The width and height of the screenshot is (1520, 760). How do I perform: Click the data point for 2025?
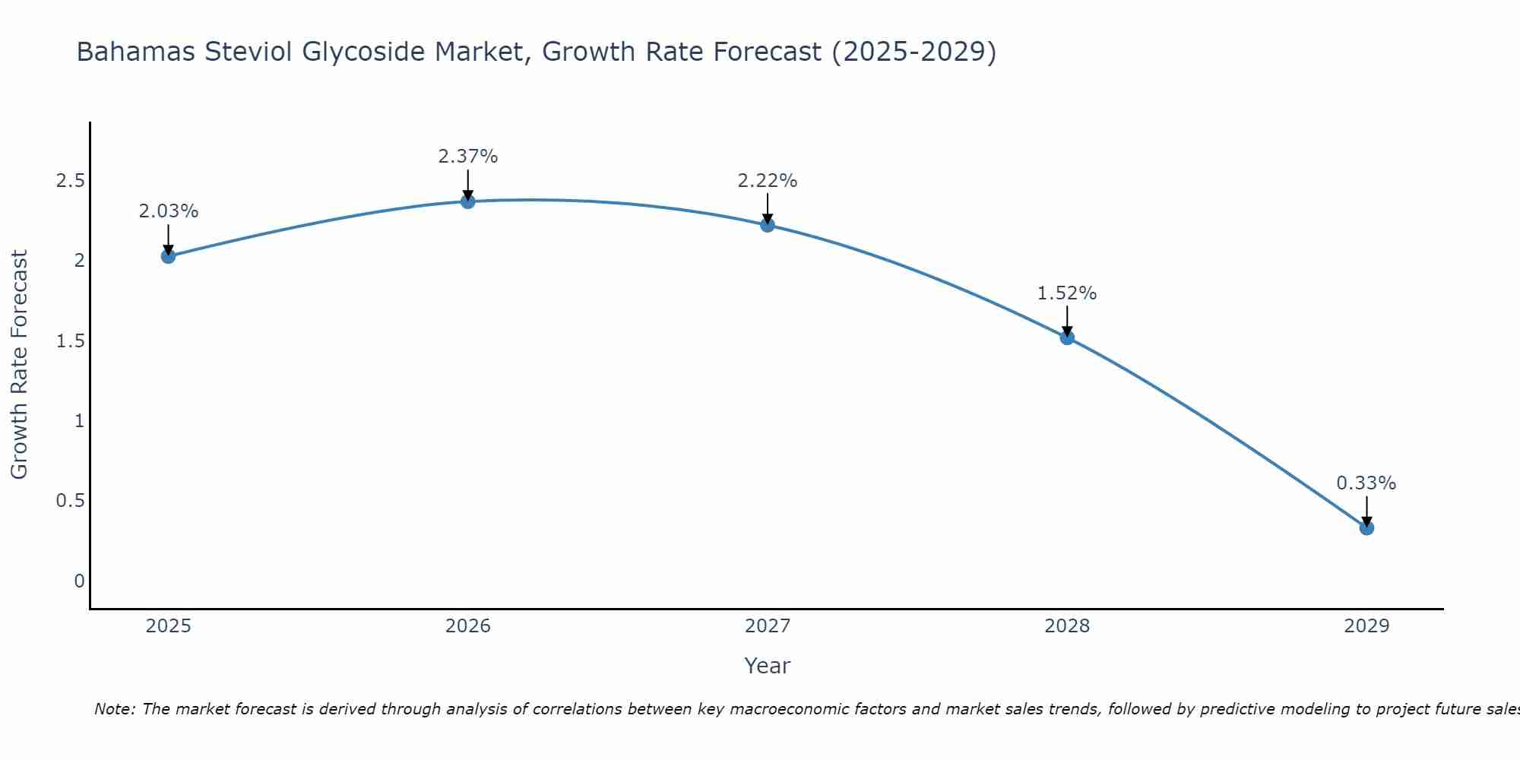coord(168,256)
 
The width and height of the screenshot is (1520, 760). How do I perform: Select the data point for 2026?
coord(468,201)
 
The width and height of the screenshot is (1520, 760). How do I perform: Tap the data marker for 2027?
coord(768,225)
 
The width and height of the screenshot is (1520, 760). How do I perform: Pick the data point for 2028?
coord(1067,337)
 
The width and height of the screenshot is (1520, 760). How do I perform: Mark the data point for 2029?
coord(1366,527)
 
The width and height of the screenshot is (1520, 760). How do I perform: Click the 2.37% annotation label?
coord(468,157)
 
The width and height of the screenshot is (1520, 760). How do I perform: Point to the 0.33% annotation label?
coord(1366,483)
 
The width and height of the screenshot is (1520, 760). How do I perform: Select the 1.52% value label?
coord(1067,293)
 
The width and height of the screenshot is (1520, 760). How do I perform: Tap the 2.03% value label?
coord(168,211)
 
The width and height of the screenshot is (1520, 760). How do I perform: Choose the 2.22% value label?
coord(768,181)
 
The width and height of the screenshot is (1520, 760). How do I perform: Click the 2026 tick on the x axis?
coord(468,626)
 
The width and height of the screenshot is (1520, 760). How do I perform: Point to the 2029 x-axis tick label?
coord(1366,626)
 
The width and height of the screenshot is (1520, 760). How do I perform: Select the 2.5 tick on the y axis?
coord(70,181)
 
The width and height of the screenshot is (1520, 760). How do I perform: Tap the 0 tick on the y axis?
coord(79,581)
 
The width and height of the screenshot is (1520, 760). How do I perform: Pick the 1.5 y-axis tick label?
coord(70,341)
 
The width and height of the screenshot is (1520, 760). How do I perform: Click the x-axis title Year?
coord(768,666)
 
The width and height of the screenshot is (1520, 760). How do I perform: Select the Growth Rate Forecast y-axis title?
coord(19,365)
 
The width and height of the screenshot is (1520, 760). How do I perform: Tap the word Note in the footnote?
coord(114,709)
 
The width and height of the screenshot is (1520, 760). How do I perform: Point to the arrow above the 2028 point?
coord(1067,320)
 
